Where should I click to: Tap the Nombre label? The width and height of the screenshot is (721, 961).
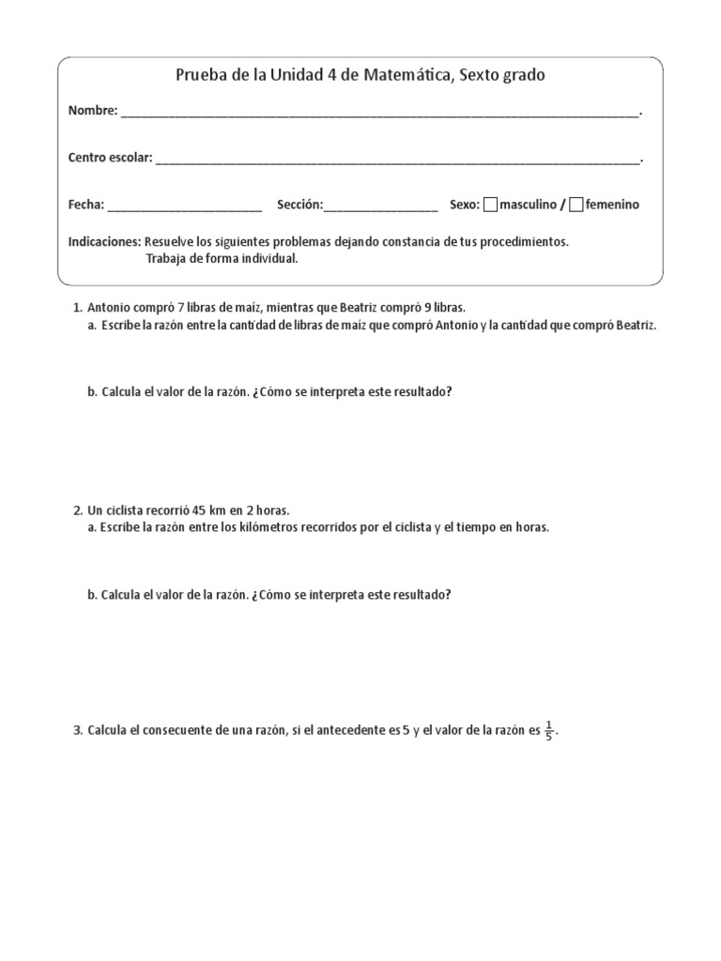click(x=92, y=111)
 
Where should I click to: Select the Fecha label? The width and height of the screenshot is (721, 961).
click(x=86, y=205)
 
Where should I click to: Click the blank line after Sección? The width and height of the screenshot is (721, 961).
click(x=380, y=206)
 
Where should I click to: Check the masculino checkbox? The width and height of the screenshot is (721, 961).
click(x=491, y=205)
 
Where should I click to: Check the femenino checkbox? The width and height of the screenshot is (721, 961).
click(x=576, y=205)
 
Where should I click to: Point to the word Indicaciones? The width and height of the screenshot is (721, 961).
click(x=104, y=241)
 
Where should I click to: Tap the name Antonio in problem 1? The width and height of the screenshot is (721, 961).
click(x=110, y=307)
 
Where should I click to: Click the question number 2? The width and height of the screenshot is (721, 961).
click(x=77, y=510)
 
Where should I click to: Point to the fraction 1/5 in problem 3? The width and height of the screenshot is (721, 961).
click(x=550, y=730)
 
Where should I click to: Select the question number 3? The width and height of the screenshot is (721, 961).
click(x=77, y=730)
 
